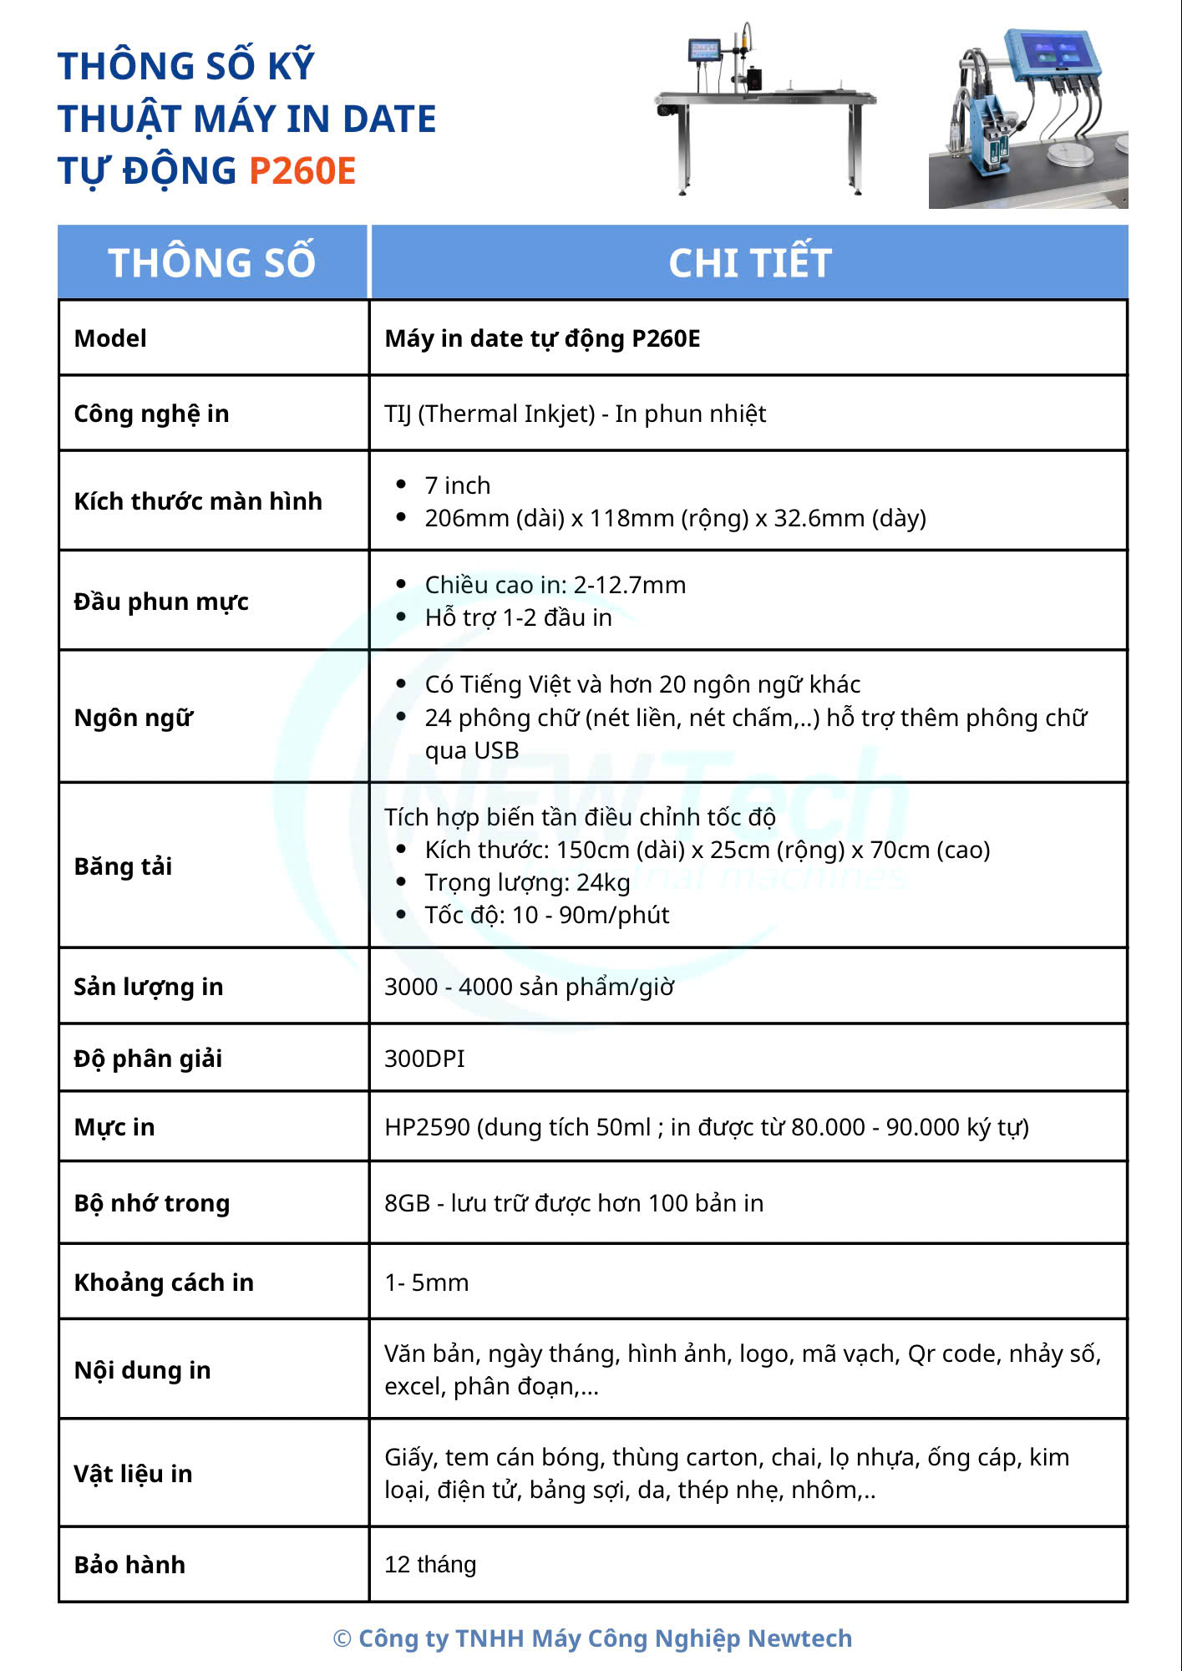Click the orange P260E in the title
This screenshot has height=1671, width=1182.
(x=302, y=171)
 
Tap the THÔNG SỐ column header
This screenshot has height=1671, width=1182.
(x=212, y=262)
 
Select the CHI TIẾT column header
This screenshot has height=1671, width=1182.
(x=749, y=262)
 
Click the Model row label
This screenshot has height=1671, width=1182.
(x=110, y=338)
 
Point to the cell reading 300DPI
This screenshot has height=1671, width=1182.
(x=424, y=1059)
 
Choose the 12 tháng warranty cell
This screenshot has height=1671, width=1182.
(x=430, y=1564)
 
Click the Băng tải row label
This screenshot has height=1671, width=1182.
(x=123, y=866)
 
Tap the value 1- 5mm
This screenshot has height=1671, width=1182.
(x=426, y=1282)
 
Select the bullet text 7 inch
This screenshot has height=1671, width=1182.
(x=457, y=485)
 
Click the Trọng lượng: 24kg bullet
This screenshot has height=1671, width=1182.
(x=527, y=882)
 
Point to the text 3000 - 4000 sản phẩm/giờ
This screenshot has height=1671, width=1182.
(x=529, y=987)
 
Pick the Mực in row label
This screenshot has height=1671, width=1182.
(x=114, y=1127)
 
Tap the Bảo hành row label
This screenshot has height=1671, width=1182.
(x=129, y=1565)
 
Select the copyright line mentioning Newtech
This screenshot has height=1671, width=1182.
(x=592, y=1638)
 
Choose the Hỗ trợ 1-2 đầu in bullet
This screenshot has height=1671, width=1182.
(x=518, y=617)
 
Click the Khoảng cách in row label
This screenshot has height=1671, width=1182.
(x=164, y=1282)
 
